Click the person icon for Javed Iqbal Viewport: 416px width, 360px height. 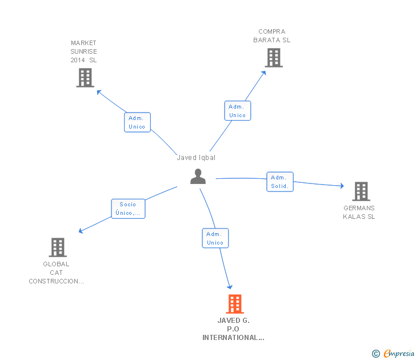(198, 177)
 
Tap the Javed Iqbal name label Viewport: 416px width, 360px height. (196, 158)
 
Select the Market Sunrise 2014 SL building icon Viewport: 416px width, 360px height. (85, 78)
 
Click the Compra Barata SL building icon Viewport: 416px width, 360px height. (273, 58)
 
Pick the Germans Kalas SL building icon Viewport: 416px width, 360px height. (361, 191)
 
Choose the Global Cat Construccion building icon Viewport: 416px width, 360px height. (57, 247)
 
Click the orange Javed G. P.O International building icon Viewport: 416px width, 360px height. (234, 304)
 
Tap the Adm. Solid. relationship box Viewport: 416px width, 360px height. (280, 182)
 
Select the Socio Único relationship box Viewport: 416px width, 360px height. (128, 209)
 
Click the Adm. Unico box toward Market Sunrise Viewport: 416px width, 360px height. (137, 122)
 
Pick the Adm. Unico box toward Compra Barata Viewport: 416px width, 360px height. (237, 111)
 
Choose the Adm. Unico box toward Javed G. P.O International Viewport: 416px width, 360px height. (215, 238)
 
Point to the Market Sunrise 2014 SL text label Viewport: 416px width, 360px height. (84, 51)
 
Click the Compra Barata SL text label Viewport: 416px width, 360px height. (272, 36)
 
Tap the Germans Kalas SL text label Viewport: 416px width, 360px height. (359, 213)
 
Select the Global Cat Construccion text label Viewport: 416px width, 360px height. (57, 273)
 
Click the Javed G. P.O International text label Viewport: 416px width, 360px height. (233, 329)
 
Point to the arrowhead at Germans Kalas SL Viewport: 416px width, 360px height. (342, 186)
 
